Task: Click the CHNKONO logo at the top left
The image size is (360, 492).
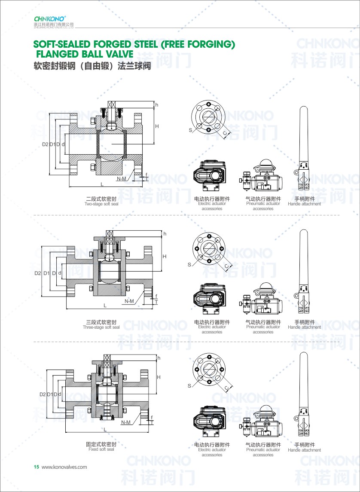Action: [x=49, y=19]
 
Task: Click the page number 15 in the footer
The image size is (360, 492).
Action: [x=37, y=467]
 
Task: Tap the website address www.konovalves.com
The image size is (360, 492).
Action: [x=64, y=467]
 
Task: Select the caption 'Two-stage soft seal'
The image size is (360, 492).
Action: [x=101, y=204]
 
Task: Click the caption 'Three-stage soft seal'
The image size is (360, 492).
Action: [x=101, y=327]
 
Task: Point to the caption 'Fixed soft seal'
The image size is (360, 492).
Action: [x=101, y=449]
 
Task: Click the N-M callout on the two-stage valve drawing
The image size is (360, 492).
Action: [x=121, y=178]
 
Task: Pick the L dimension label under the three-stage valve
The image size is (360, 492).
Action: [x=105, y=306]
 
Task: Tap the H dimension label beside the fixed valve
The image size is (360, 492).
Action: [x=159, y=377]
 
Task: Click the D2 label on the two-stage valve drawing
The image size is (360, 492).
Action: [x=46, y=144]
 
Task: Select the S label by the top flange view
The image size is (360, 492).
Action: [x=189, y=129]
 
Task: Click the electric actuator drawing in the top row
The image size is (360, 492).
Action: [x=210, y=176]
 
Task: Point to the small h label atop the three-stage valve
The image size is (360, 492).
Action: [x=164, y=234]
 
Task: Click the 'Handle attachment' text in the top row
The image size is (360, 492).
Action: [x=305, y=204]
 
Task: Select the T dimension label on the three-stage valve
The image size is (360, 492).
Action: [x=156, y=302]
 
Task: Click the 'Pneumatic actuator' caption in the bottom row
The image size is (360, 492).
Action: [x=263, y=450]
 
